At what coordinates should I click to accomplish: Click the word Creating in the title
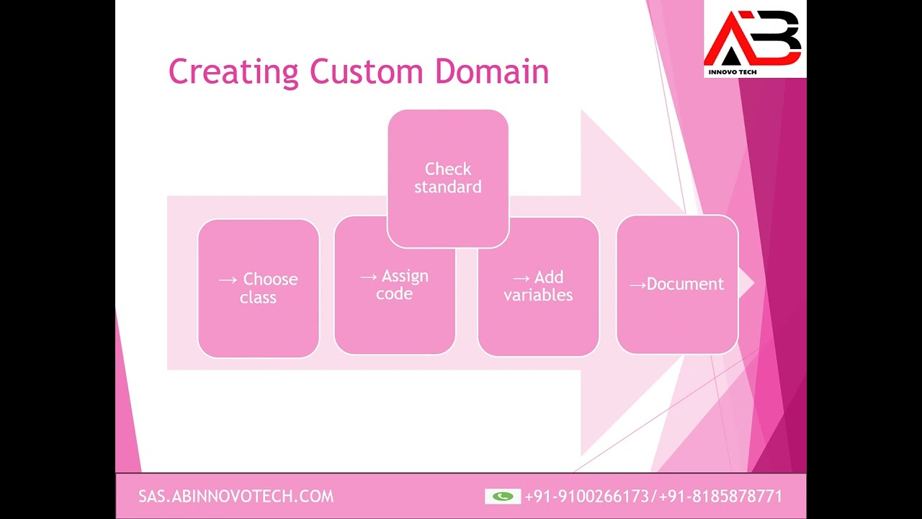(233, 72)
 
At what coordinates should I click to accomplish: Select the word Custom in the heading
(367, 71)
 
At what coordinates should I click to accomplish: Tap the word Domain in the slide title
(492, 71)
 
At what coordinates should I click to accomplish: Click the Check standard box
(448, 179)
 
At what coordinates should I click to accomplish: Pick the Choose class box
(259, 288)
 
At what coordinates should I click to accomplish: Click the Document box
(678, 284)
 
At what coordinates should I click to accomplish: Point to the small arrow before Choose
(228, 280)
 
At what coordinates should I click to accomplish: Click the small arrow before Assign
(369, 278)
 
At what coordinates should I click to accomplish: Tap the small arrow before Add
(522, 279)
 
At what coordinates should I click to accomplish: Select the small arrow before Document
(637, 285)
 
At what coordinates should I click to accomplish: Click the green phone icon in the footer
(503, 497)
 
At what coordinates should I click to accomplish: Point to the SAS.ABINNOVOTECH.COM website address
(236, 497)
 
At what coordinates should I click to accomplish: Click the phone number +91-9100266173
(587, 497)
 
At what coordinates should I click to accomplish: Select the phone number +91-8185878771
(721, 497)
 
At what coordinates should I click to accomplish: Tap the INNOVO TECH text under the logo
(733, 72)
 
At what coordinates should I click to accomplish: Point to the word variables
(538, 295)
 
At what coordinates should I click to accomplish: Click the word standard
(448, 187)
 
